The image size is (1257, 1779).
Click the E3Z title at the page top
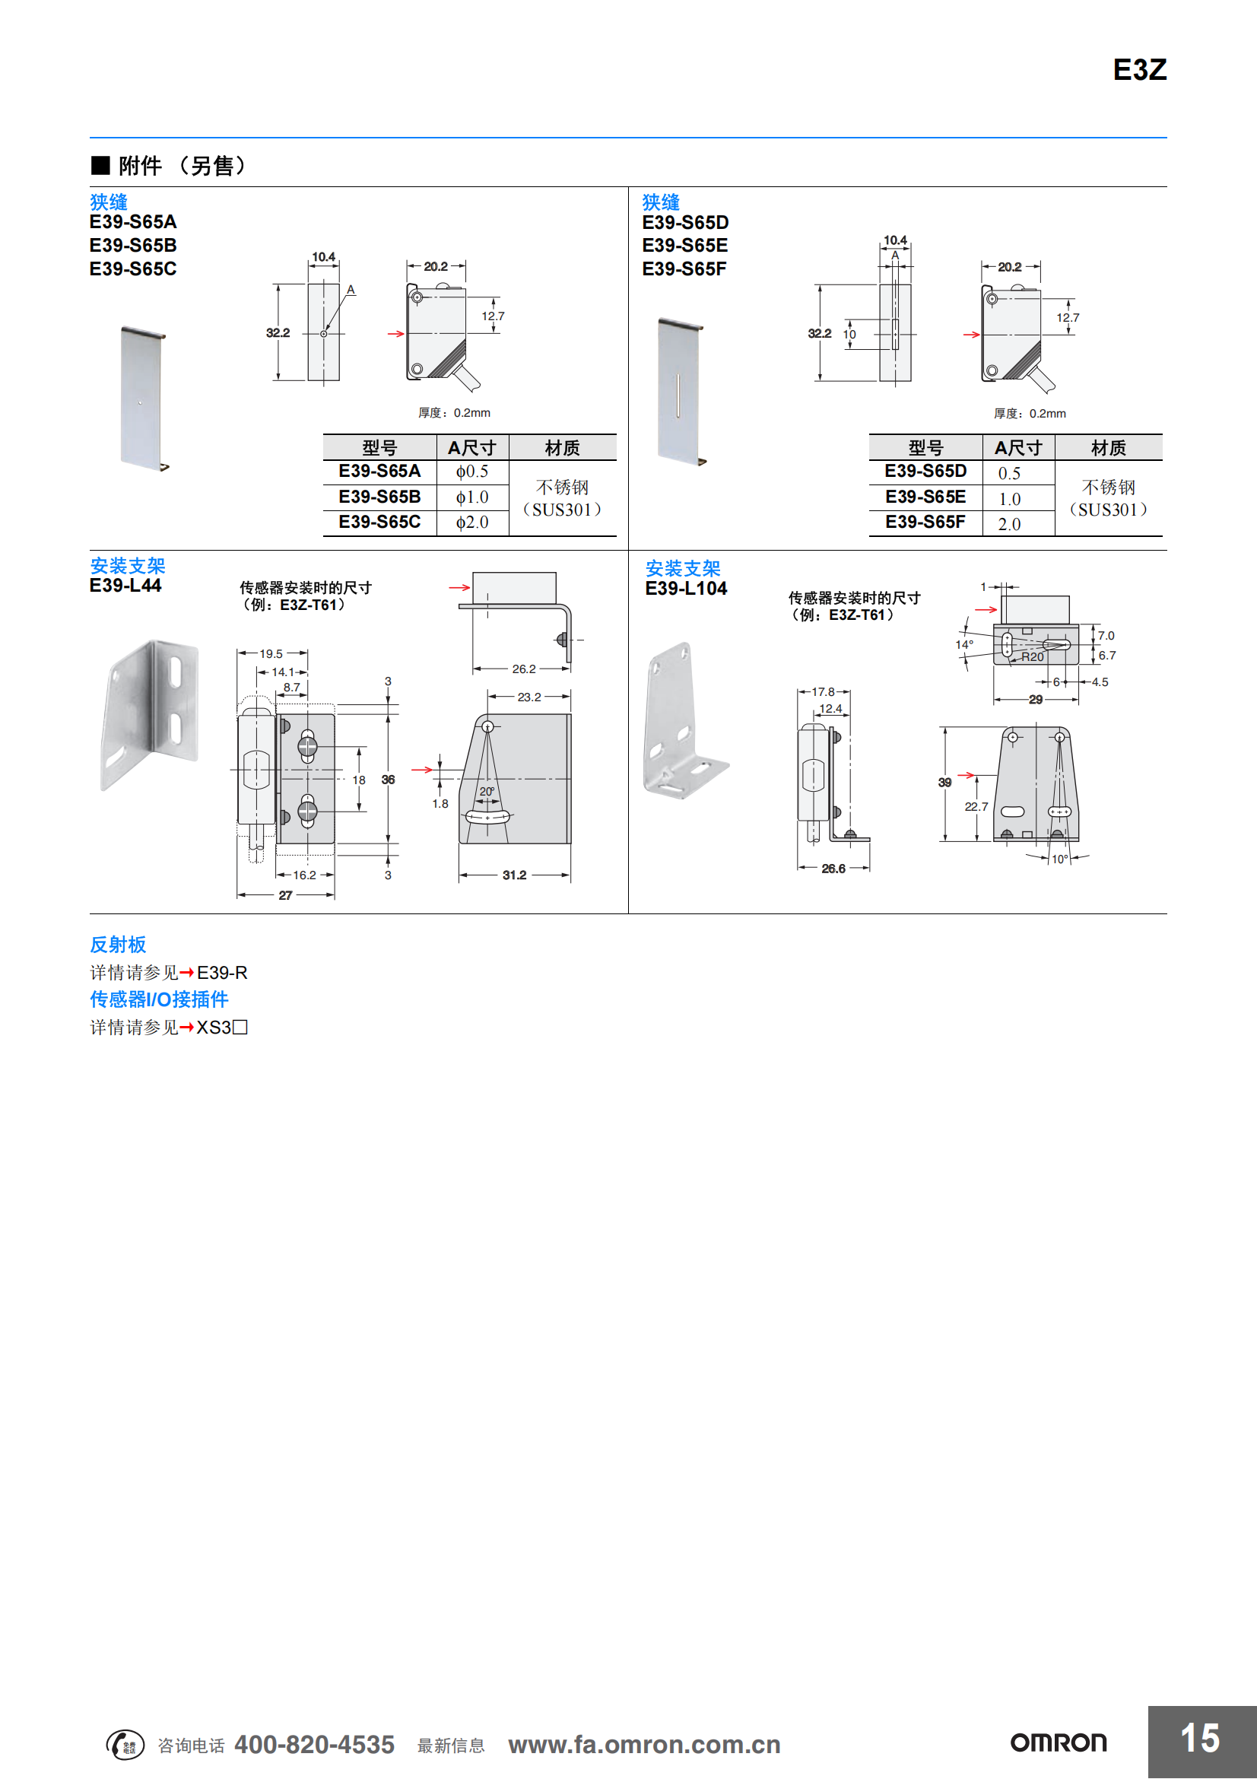click(1138, 70)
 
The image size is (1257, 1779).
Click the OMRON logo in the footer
click(1058, 1742)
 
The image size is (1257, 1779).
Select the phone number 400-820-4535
click(315, 1744)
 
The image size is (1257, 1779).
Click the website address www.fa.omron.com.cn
click(643, 1744)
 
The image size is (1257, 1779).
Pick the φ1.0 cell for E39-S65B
click(471, 497)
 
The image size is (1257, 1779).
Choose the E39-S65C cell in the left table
click(379, 523)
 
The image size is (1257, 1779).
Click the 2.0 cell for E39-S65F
click(1009, 524)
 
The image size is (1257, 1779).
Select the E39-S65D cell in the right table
click(925, 471)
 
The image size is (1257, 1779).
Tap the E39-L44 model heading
click(125, 586)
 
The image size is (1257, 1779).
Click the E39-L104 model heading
click(685, 589)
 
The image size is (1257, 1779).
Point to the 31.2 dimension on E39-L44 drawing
click(514, 875)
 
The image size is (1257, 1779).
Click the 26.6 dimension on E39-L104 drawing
click(833, 869)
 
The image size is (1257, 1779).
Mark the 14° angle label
click(964, 645)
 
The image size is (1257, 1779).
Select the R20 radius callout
click(1033, 657)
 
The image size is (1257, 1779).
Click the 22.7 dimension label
click(976, 806)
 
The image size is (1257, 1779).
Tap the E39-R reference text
click(222, 973)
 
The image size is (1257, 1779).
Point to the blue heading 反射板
click(118, 945)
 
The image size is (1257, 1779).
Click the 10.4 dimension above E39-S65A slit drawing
click(323, 256)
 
